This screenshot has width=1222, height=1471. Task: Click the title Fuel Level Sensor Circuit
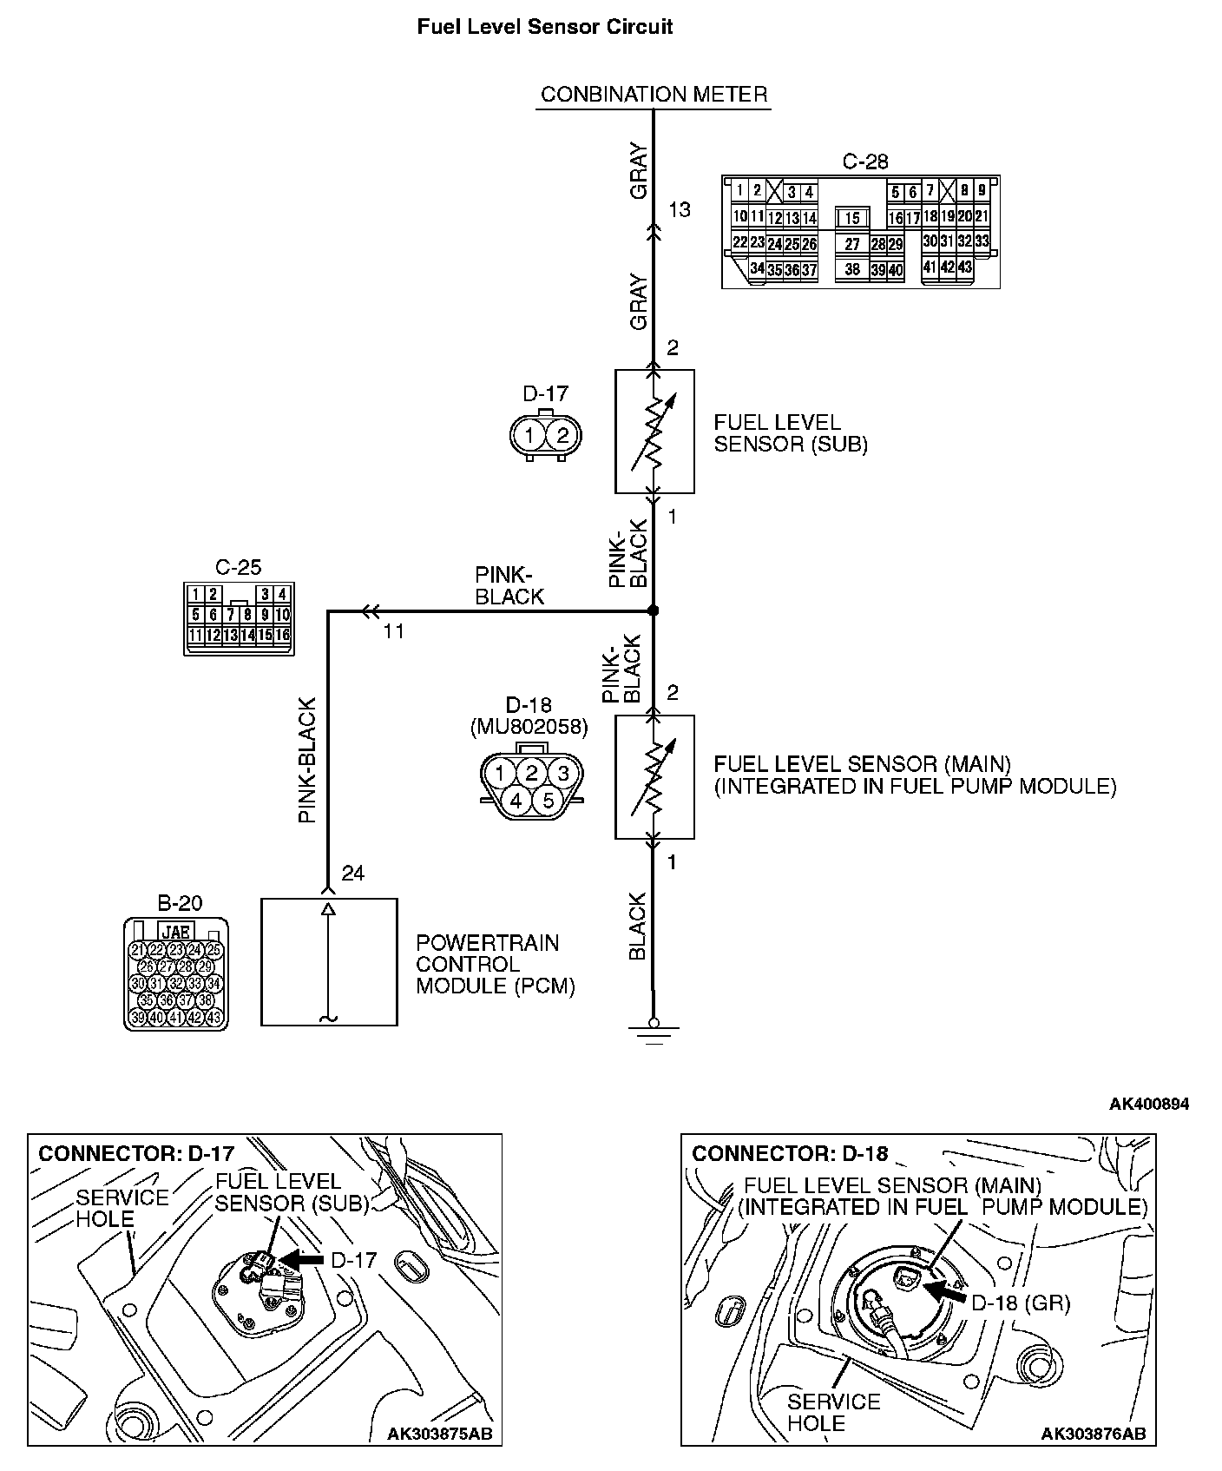point(545,27)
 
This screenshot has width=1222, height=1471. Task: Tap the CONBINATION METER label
point(654,94)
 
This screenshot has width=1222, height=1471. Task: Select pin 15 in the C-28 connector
point(852,219)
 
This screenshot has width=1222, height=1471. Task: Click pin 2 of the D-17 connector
point(562,435)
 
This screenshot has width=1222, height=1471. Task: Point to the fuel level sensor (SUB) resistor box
point(654,432)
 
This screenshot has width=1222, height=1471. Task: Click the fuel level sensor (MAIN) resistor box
point(654,777)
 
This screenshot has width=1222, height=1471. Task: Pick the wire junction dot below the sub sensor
point(654,611)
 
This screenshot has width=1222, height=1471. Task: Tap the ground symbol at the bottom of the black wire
point(654,1032)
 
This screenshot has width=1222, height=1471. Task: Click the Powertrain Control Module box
point(329,961)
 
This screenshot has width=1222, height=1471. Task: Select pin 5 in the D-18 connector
point(548,800)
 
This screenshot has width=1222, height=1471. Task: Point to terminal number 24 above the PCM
point(353,874)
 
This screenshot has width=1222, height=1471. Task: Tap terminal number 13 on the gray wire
point(680,209)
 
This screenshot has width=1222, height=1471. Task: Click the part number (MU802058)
point(529,727)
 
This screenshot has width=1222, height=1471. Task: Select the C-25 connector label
point(238,568)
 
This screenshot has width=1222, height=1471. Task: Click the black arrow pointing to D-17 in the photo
point(303,1258)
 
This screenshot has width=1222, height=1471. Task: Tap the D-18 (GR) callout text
point(1020,1303)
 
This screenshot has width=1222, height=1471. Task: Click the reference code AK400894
point(1148,1105)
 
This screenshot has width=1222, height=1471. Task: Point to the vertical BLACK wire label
point(638,926)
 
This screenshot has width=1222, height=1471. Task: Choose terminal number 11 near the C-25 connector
point(394,631)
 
